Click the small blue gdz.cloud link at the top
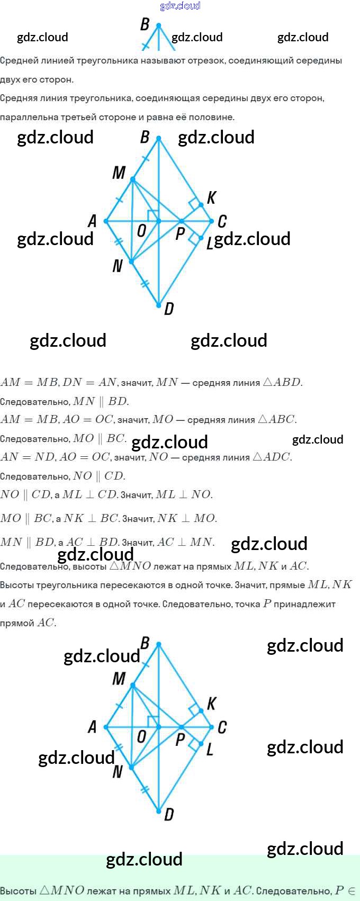[x=180, y=6]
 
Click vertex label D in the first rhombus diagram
[x=169, y=309]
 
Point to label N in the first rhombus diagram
[x=118, y=266]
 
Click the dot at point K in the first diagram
[x=201, y=205]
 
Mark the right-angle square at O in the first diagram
[x=153, y=215]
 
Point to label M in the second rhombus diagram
[x=119, y=678]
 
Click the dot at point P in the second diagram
[x=181, y=727]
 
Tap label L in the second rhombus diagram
[x=210, y=749]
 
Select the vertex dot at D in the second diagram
[x=158, y=810]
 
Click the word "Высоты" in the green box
[x=18, y=891]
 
